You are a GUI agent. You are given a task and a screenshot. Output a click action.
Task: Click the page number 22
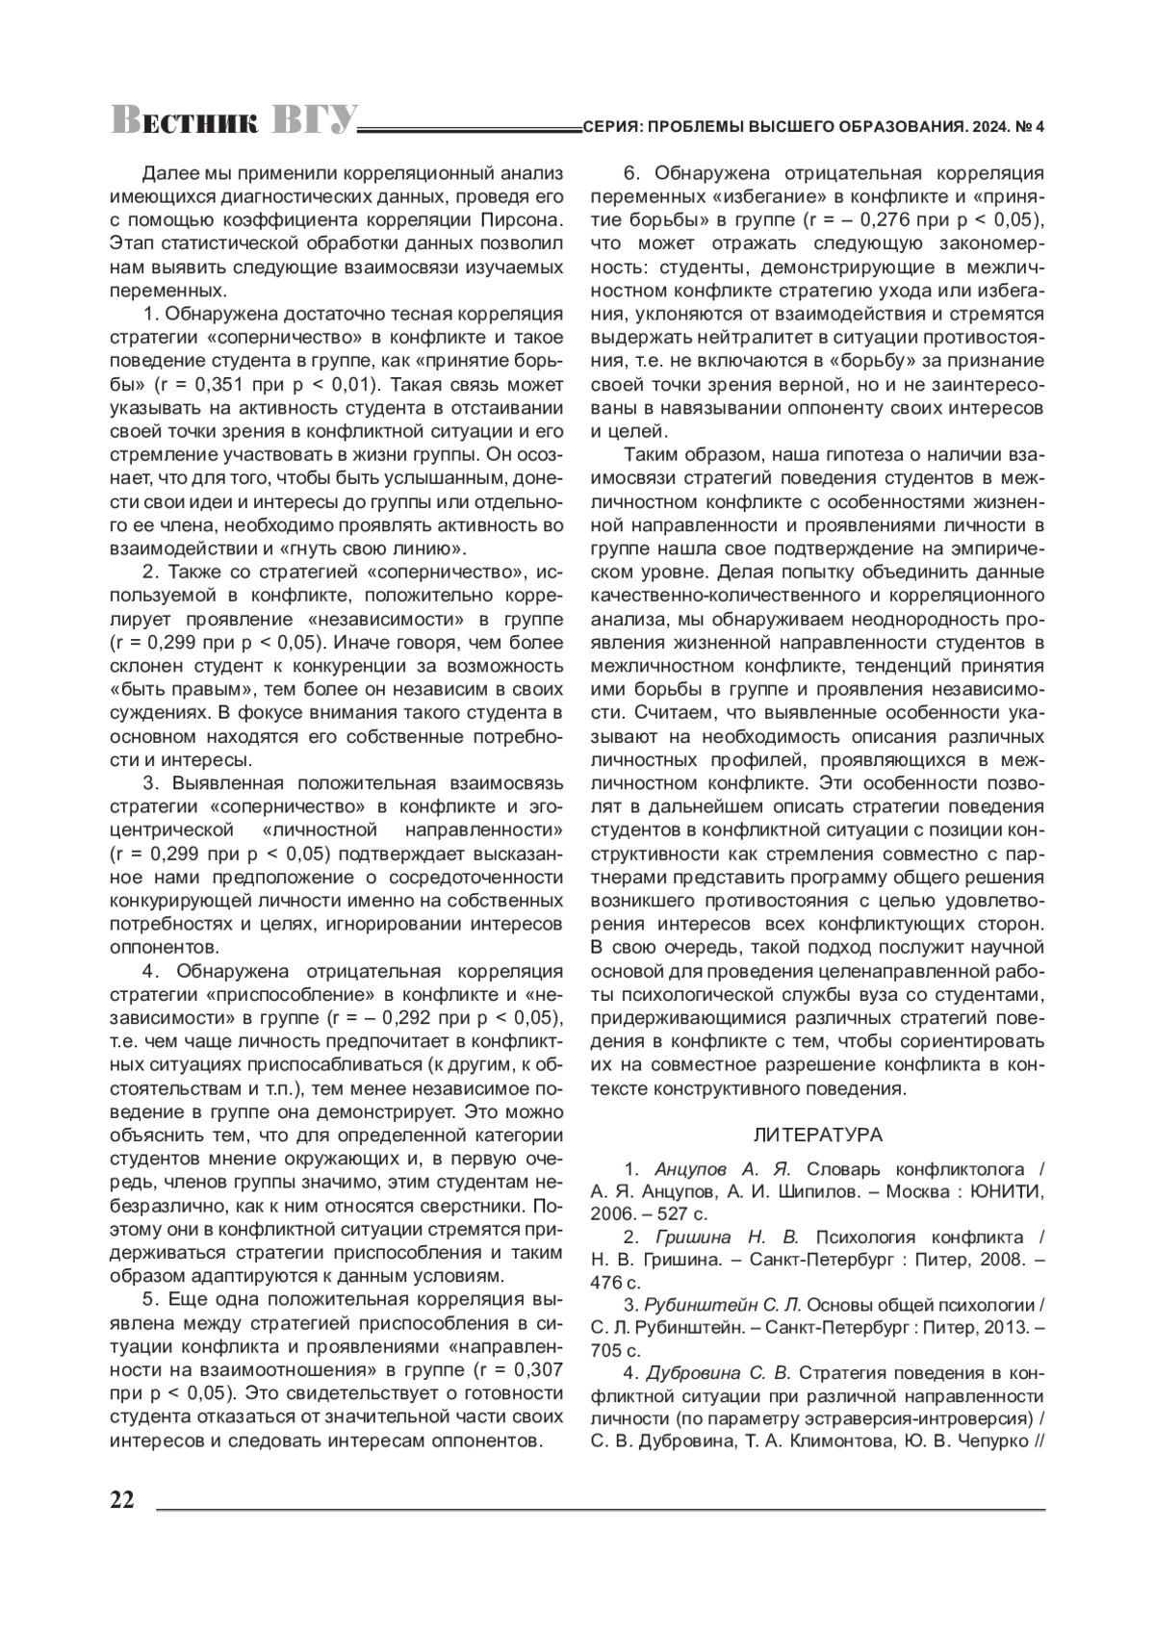coord(122,1500)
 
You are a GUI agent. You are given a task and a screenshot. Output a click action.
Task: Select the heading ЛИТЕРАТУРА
coord(817,1135)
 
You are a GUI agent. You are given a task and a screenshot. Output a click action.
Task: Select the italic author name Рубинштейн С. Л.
coord(723,1306)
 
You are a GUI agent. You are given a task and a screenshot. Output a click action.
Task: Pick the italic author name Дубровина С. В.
coord(718,1373)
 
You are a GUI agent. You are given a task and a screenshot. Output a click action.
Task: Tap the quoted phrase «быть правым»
coord(172,689)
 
